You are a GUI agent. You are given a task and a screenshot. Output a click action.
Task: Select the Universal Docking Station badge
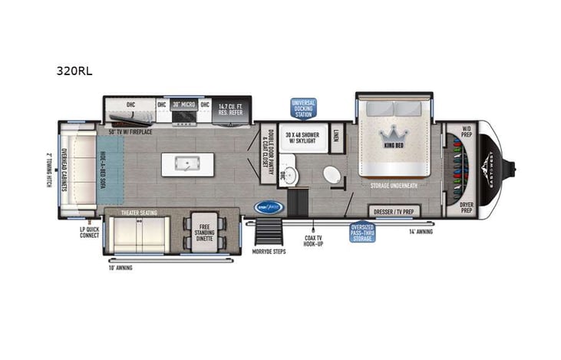[x=302, y=108]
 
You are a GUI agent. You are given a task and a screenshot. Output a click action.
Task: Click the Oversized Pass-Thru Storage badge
[x=362, y=231]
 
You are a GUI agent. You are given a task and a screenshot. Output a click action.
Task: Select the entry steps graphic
[x=268, y=230]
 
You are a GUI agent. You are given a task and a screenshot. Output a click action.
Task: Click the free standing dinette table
[x=205, y=230]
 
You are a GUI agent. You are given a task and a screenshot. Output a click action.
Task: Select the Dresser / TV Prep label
[x=392, y=211]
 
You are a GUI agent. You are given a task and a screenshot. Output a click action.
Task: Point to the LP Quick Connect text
[x=89, y=232]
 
